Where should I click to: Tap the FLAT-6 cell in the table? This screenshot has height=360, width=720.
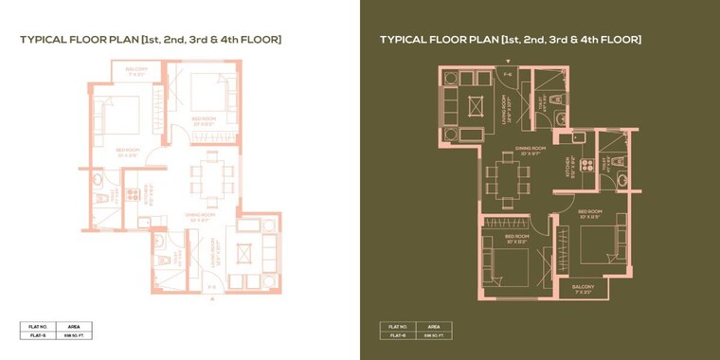[x=397, y=334]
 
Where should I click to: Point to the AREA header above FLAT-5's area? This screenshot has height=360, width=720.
[x=73, y=325]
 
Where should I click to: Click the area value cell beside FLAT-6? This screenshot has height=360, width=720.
[x=433, y=334]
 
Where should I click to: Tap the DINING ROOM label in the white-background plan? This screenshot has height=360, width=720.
[x=197, y=217]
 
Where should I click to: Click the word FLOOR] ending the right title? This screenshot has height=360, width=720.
[x=621, y=40]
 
